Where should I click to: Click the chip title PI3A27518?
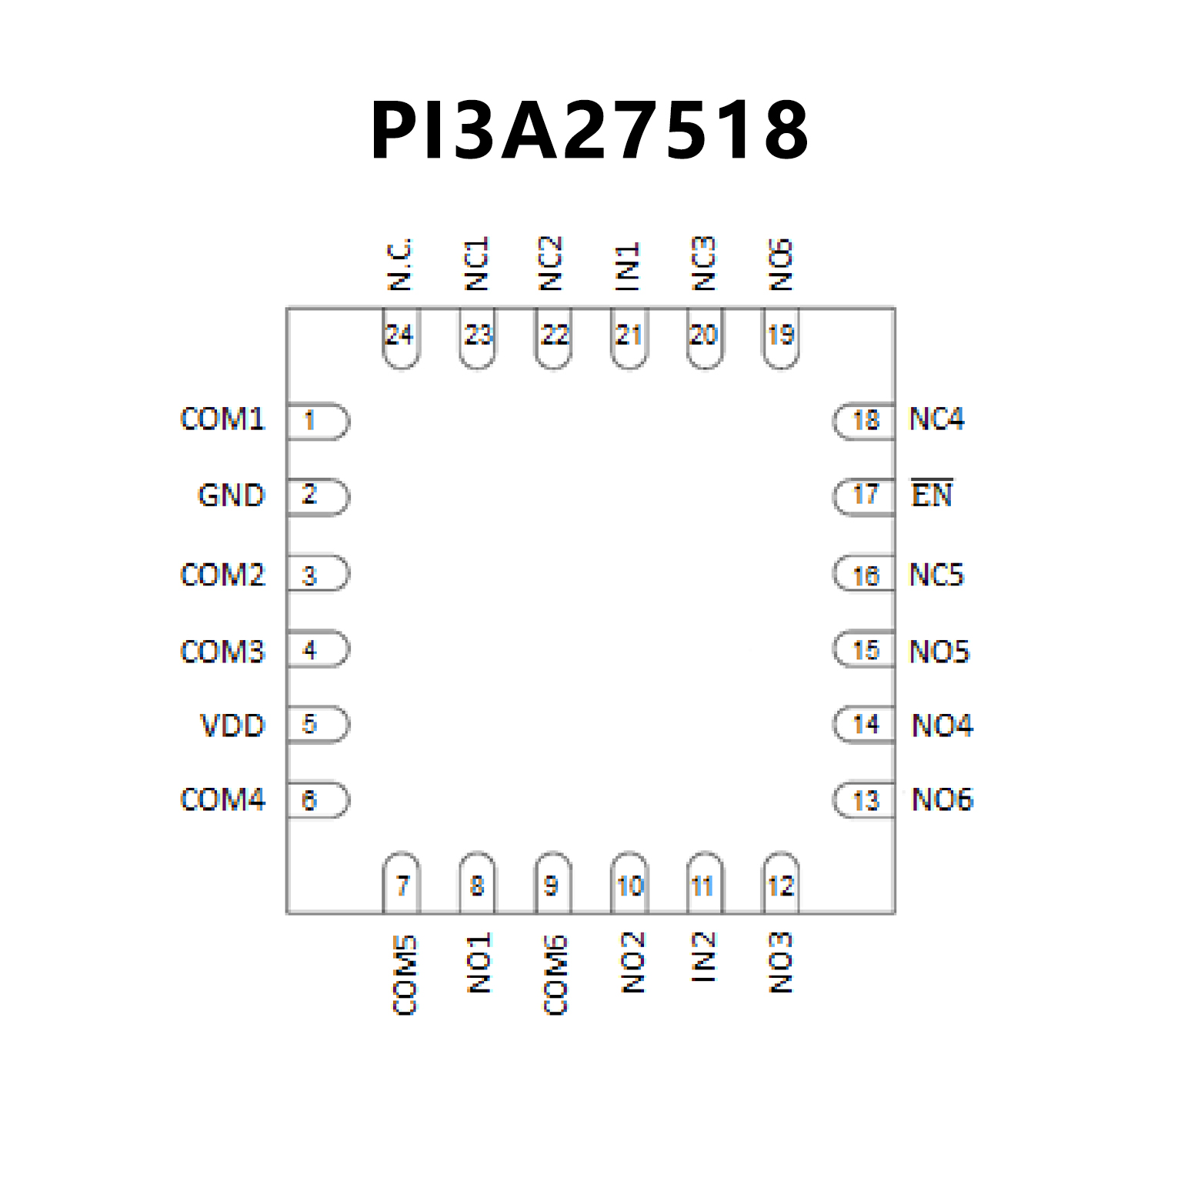pyautogui.click(x=589, y=131)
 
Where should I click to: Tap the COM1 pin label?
pyautogui.click(x=222, y=419)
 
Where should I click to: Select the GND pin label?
pyautogui.click(x=231, y=495)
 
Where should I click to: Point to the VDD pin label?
pyautogui.click(x=232, y=726)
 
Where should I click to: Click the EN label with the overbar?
pyautogui.click(x=932, y=494)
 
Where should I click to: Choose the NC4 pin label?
pyautogui.click(x=936, y=419)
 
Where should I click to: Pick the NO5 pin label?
pyautogui.click(x=939, y=652)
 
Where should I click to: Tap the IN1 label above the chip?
pyautogui.click(x=628, y=266)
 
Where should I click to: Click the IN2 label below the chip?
pyautogui.click(x=703, y=957)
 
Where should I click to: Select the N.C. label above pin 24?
pyautogui.click(x=400, y=264)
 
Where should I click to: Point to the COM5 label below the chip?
pyautogui.click(x=405, y=976)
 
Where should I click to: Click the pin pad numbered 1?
pyautogui.click(x=317, y=421)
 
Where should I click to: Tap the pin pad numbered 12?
pyautogui.click(x=781, y=883)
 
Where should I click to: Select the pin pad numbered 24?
pyautogui.click(x=400, y=338)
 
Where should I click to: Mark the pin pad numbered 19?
pyautogui.click(x=781, y=338)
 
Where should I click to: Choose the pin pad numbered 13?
pyautogui.click(x=864, y=801)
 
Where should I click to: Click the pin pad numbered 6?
pyautogui.click(x=317, y=801)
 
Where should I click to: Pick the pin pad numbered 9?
pyautogui.click(x=552, y=883)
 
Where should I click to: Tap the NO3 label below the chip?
pyautogui.click(x=780, y=962)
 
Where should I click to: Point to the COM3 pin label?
pyautogui.click(x=222, y=652)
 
